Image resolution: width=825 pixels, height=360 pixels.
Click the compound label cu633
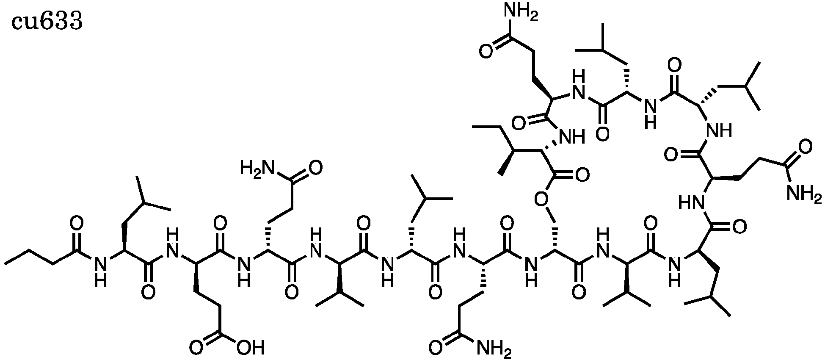click(47, 22)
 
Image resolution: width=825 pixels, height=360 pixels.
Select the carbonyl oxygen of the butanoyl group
click(77, 223)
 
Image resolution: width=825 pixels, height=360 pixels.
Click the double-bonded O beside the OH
click(196, 348)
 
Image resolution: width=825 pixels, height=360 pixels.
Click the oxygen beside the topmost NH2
click(486, 52)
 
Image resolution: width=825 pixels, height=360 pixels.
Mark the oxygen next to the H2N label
click(315, 168)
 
